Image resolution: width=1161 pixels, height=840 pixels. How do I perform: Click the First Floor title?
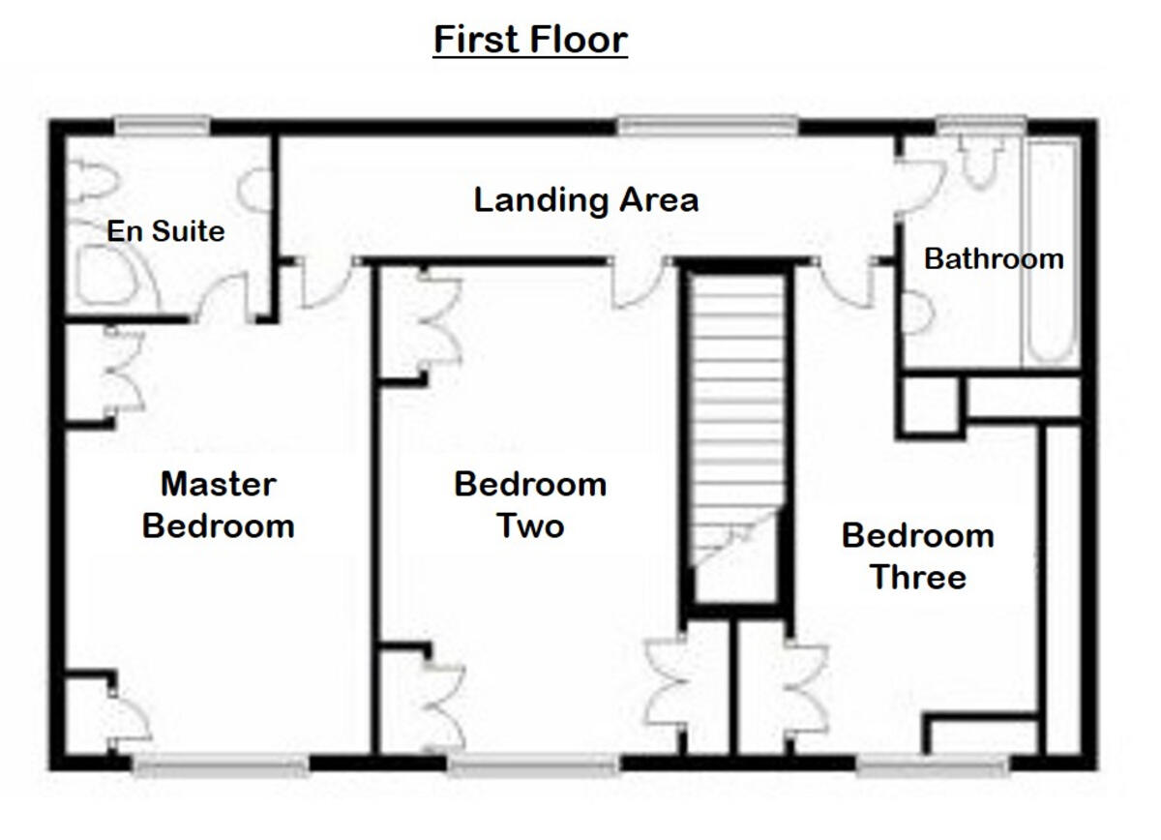click(530, 41)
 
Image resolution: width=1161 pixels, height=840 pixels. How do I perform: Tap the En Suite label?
click(165, 231)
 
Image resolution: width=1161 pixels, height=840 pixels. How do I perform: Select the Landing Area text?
click(585, 200)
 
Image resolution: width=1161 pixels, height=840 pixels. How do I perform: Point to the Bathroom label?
click(994, 259)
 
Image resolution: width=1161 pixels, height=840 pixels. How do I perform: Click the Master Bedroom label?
click(218, 504)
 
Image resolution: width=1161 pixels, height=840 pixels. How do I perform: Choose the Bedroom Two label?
click(530, 504)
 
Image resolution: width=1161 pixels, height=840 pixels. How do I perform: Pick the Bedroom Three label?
click(917, 555)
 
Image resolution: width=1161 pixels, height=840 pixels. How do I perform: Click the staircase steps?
click(737, 406)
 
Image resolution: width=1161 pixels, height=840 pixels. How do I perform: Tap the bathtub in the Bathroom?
click(1052, 252)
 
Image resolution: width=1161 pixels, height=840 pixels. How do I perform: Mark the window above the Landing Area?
click(708, 125)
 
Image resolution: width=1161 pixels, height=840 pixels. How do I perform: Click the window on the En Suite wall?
click(163, 125)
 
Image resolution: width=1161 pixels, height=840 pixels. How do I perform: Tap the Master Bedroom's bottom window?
click(221, 766)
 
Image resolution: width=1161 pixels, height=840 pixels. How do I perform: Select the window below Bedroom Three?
click(933, 766)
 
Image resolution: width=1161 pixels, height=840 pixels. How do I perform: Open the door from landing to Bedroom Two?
click(635, 284)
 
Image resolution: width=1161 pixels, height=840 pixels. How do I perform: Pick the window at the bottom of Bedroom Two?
click(532, 766)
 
